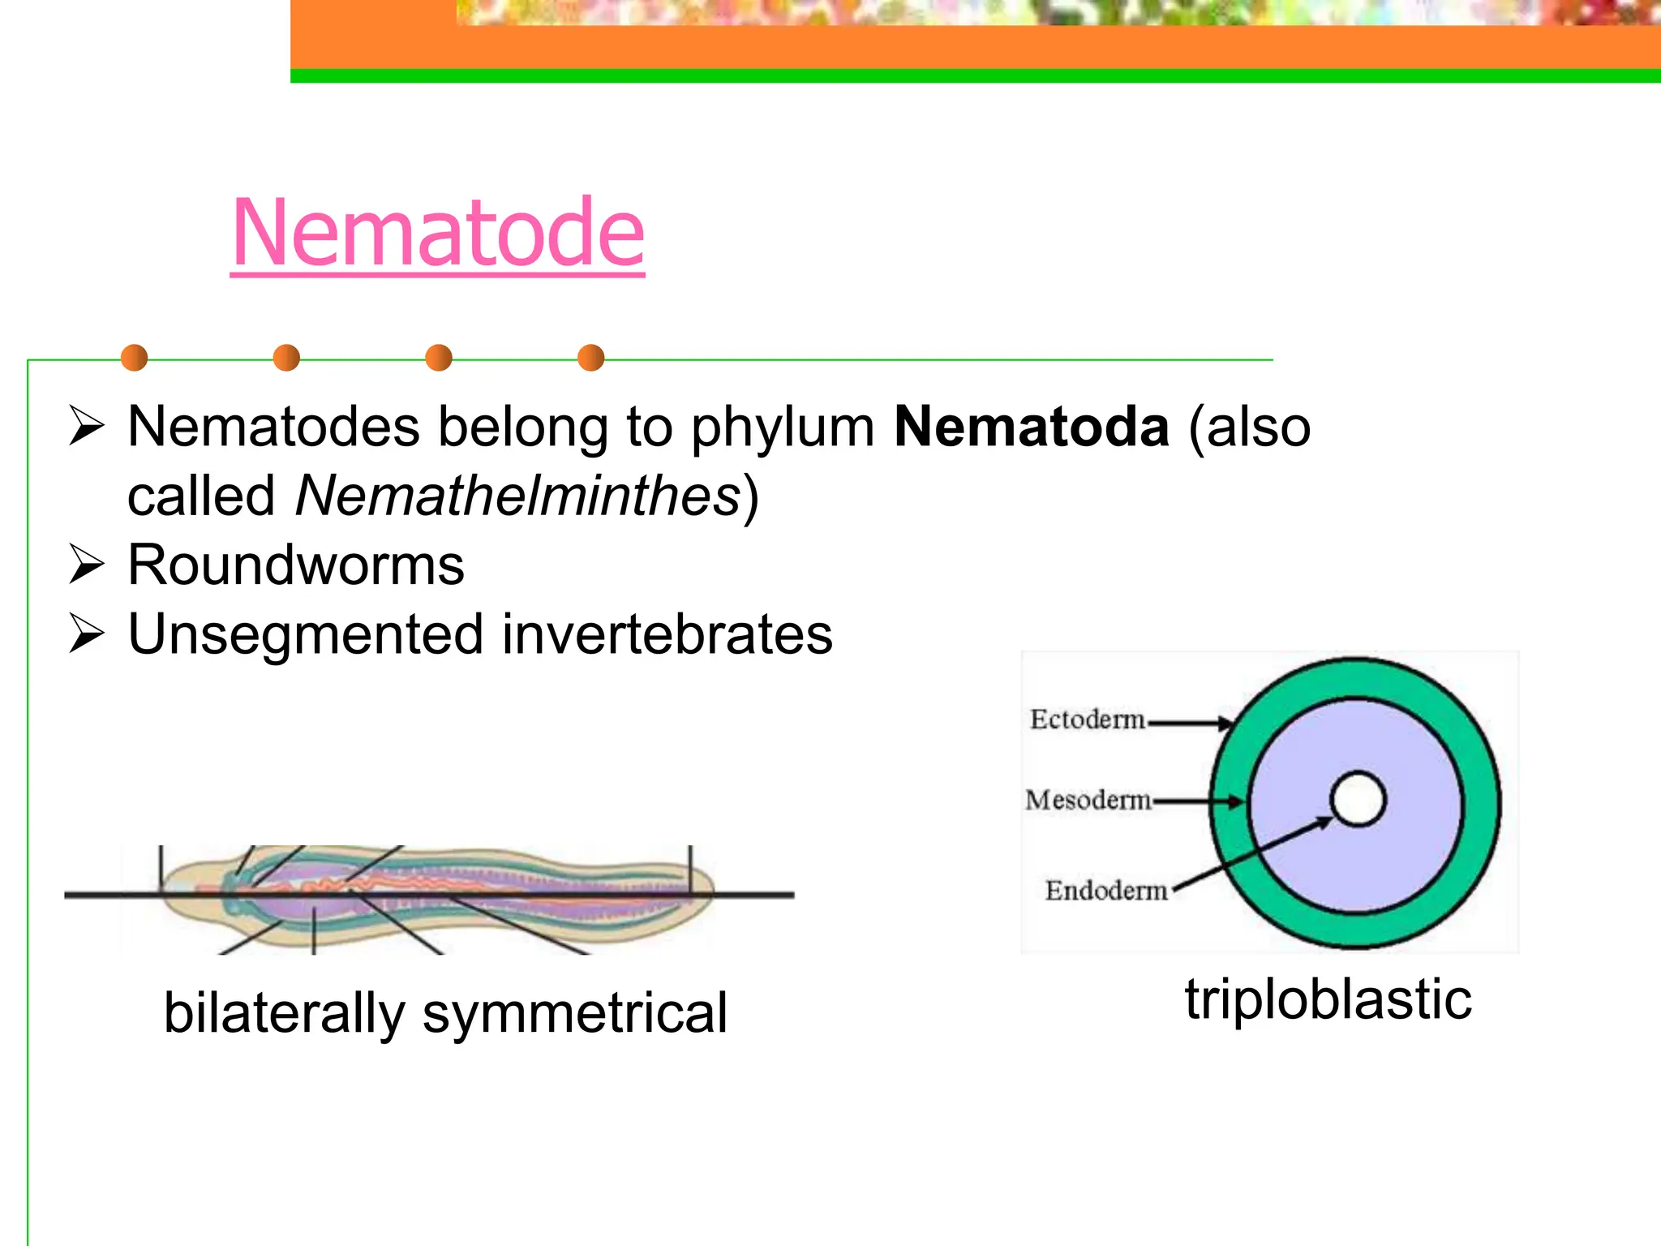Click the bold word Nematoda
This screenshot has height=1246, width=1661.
[1032, 428]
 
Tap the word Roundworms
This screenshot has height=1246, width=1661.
[296, 565]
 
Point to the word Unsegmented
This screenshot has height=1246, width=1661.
[307, 634]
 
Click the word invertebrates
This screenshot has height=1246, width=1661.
[667, 634]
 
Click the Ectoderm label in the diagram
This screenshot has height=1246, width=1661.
[1087, 720]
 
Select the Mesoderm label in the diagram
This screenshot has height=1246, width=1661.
[1088, 801]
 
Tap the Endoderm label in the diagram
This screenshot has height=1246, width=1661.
[1106, 891]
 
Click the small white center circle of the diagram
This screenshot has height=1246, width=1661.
[1358, 799]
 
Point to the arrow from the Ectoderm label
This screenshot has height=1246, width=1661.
[1189, 721]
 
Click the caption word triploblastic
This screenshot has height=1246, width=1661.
[1328, 999]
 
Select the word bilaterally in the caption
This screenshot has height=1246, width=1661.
[284, 1013]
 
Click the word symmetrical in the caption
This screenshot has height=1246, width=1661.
[574, 1013]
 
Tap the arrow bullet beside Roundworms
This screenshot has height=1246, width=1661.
[86, 565]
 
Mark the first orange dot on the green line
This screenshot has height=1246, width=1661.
[134, 358]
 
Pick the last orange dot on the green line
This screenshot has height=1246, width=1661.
[591, 358]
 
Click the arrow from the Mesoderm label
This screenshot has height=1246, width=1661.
[1198, 801]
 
